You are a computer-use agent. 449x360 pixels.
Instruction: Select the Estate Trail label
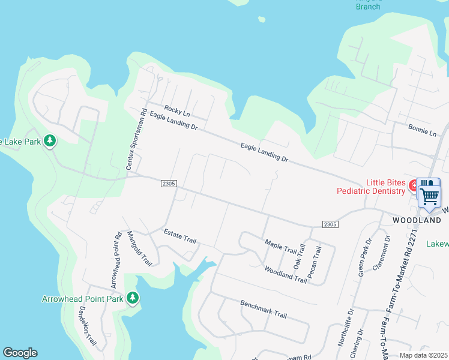tap(180, 236)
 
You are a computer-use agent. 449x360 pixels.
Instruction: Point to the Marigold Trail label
tap(139, 248)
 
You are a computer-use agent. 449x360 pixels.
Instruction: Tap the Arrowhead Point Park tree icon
tap(132, 298)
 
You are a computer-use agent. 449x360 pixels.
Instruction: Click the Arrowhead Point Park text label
tap(82, 298)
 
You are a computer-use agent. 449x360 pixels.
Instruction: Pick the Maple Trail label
tap(281, 245)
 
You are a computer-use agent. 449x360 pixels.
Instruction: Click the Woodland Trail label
tap(285, 274)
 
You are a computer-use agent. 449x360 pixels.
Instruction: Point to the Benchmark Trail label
tap(264, 309)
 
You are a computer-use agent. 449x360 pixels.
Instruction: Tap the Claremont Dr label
tap(381, 253)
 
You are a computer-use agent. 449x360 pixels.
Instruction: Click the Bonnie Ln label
tap(422, 130)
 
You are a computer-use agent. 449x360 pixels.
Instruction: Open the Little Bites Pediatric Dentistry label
tap(386, 187)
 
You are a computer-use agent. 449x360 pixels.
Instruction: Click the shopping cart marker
tap(429, 194)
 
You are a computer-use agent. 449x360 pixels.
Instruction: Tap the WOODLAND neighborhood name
tap(417, 220)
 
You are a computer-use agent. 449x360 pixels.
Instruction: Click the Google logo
tap(20, 353)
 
